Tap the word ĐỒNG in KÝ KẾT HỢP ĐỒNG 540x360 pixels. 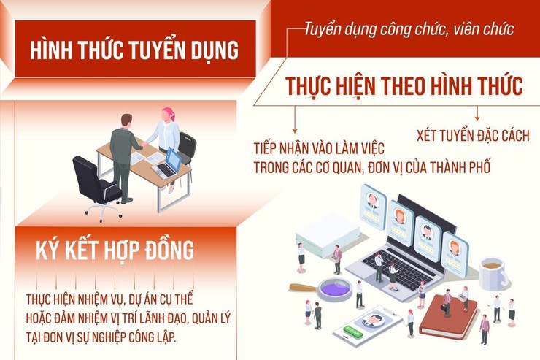(x=169, y=250)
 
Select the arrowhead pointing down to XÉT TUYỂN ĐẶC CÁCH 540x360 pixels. (x=477, y=116)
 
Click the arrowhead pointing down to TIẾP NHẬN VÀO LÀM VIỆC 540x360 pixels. (x=296, y=129)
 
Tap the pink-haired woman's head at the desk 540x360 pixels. (x=168, y=115)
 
